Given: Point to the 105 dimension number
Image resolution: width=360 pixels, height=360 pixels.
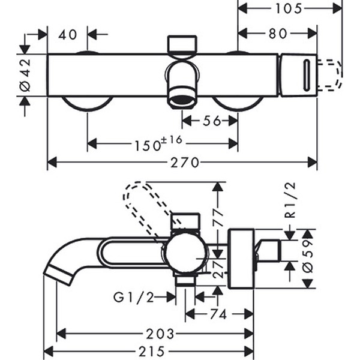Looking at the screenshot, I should click(x=290, y=8).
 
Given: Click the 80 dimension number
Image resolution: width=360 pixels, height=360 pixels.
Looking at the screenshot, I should click(x=278, y=35).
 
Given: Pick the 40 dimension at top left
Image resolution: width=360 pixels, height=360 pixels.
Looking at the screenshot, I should click(x=68, y=35).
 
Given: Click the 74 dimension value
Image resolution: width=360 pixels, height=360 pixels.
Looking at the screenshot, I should click(x=218, y=314).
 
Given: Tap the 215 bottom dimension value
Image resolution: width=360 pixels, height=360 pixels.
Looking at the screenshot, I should click(x=150, y=351).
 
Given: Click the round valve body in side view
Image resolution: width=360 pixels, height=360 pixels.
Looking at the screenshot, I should click(x=186, y=254).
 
